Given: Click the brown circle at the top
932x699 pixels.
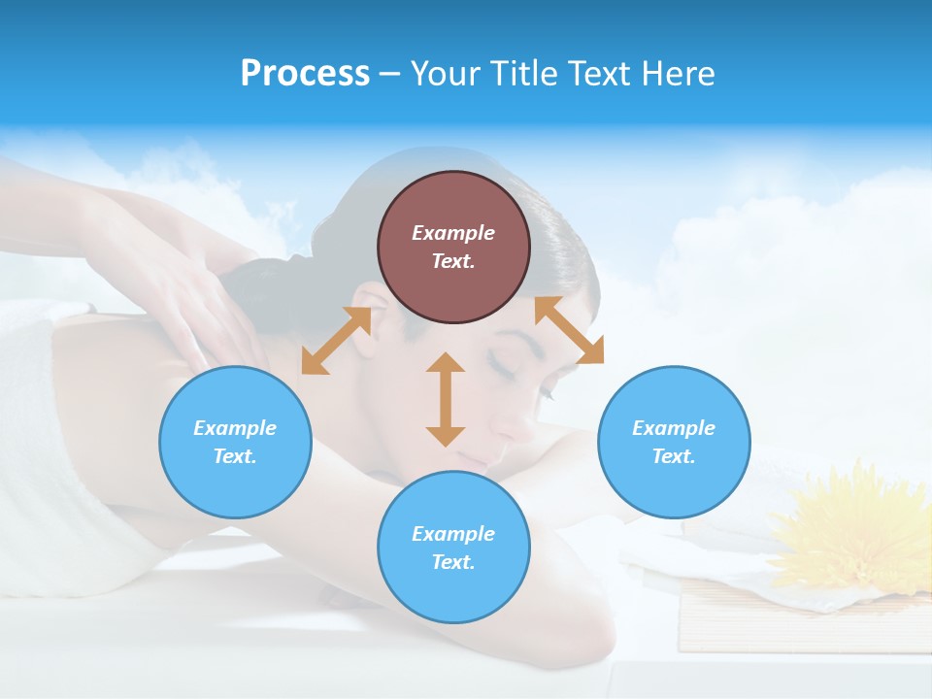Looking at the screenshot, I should pyautogui.click(x=453, y=247).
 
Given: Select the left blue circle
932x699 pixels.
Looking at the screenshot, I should pyautogui.click(x=235, y=442).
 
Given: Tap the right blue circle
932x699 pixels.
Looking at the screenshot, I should pyautogui.click(x=674, y=442).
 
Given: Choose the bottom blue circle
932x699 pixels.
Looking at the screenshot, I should pyautogui.click(x=453, y=548).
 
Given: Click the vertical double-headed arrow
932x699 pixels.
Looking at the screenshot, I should pyautogui.click(x=446, y=399).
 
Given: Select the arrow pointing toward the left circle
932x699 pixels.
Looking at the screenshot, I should pyautogui.click(x=336, y=341).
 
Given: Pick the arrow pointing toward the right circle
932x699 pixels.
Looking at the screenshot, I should pyautogui.click(x=570, y=330).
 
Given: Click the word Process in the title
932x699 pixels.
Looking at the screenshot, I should pyautogui.click(x=305, y=73).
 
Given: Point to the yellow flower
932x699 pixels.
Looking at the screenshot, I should pyautogui.click(x=859, y=524).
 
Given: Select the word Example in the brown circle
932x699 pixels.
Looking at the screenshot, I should pyautogui.click(x=453, y=233).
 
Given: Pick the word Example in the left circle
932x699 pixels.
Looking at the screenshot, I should pyautogui.click(x=235, y=428).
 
